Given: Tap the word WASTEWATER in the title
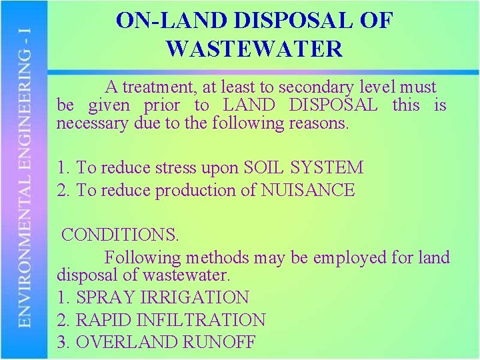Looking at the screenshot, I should [254, 49].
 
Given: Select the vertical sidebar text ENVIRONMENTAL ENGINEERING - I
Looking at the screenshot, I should [25, 180].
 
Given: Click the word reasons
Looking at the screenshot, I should [319, 123].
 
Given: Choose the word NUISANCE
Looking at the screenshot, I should [307, 191].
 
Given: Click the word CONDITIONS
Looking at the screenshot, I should [120, 235].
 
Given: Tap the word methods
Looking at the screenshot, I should [217, 257].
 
